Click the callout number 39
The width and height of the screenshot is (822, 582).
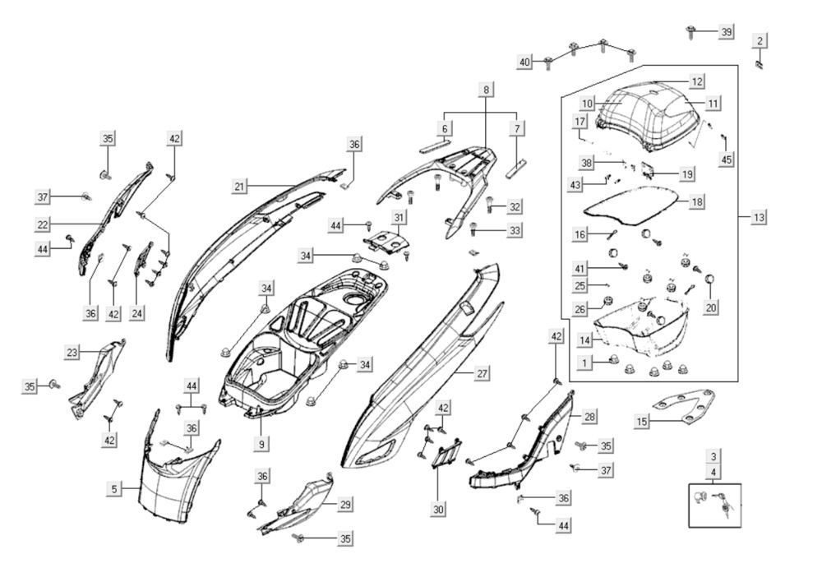coord(726,31)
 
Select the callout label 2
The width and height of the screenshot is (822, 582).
coord(760,40)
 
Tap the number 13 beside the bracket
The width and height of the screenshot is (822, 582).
coord(759,217)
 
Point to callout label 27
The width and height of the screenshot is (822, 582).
coord(483,373)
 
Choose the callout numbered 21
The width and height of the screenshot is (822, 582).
coord(239,187)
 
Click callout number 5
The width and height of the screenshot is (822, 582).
coord(116,489)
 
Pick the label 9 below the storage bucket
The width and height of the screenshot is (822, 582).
coord(262,444)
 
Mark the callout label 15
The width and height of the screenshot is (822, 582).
coord(643,422)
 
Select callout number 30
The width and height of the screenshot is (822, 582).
coord(439,510)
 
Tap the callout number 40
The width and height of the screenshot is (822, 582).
coord(524,62)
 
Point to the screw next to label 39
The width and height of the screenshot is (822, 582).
coord(691,32)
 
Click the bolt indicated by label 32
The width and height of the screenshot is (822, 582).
coord(492,206)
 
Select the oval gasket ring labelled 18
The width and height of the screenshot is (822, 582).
coord(640,204)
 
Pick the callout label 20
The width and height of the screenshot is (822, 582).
coord(712,307)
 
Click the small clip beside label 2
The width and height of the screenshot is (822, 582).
coord(760,62)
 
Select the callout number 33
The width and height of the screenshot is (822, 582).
coord(515,230)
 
